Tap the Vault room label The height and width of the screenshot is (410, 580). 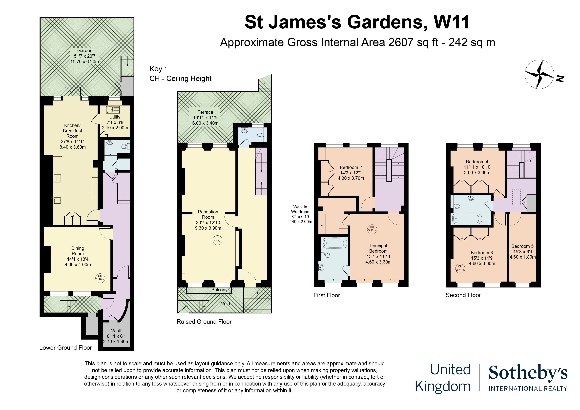(x=116, y=336)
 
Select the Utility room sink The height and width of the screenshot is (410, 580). (x=113, y=110)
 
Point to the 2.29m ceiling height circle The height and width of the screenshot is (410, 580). (x=100, y=278)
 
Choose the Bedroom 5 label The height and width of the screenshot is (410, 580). (x=522, y=252)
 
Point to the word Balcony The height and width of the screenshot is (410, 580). (x=219, y=290)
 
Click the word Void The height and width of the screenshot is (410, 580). (x=225, y=304)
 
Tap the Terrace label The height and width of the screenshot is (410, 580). (x=205, y=118)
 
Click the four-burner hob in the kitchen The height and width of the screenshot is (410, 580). (x=57, y=178)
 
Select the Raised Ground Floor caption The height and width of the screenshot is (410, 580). (x=204, y=322)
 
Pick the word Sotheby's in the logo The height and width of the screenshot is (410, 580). (x=528, y=373)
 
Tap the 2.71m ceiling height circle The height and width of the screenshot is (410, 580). (x=460, y=268)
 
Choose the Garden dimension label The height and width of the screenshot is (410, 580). (x=85, y=56)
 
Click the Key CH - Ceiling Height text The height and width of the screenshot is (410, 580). (x=180, y=74)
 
